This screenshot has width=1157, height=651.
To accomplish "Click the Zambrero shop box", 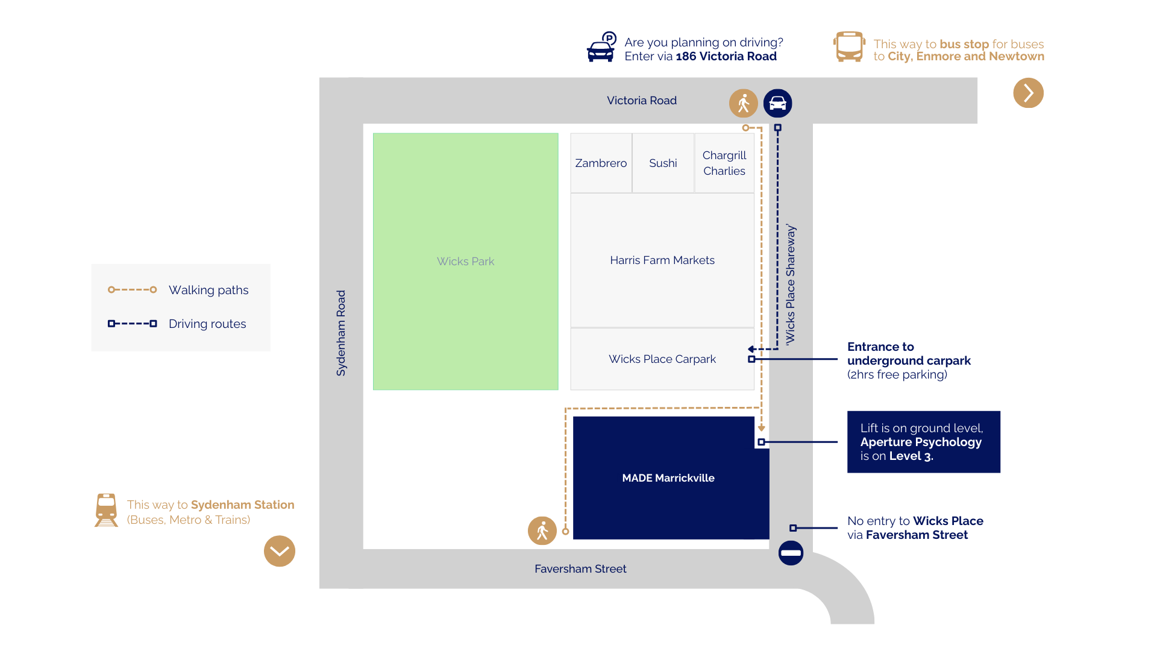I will [601, 163].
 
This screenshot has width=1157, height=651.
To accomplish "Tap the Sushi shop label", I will [663, 163].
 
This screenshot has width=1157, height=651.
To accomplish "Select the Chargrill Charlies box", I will [724, 163].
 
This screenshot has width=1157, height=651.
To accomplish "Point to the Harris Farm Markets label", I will [662, 260].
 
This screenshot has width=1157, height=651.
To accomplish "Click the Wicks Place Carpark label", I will [662, 359].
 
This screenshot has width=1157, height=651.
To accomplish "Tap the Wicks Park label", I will [465, 261].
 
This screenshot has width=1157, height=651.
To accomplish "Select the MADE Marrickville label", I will [668, 478].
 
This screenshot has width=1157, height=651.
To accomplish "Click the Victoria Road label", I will [641, 100].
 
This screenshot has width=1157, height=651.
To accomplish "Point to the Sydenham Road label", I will [341, 333].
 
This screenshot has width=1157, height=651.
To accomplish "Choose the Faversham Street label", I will [580, 568].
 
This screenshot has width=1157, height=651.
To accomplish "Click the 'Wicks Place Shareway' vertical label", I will [791, 285].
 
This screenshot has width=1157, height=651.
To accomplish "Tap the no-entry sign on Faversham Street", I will [791, 553].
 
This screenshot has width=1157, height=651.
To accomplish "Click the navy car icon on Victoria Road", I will [777, 103].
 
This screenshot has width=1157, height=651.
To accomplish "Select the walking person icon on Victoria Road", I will [743, 103].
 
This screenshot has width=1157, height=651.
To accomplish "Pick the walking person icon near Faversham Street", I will [542, 530].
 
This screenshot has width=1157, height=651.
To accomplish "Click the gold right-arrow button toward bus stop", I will [1028, 93].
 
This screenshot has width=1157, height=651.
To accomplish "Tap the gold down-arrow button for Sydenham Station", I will [279, 551].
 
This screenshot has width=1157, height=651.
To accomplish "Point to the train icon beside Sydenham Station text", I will [107, 510].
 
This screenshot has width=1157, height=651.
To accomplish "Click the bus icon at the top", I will [849, 46].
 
